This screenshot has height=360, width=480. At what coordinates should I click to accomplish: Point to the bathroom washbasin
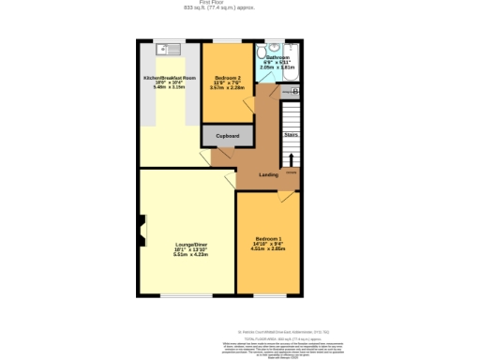pos(273,47)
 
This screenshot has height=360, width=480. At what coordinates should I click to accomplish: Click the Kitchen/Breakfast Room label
pos(170,78)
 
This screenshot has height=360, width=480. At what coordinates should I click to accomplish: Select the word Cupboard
pos(228,136)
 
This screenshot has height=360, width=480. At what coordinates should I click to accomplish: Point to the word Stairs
pos(292,135)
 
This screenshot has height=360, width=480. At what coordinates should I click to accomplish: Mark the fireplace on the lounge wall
pos(142,227)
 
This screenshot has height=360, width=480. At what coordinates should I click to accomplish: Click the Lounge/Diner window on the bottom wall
pos(186,295)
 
